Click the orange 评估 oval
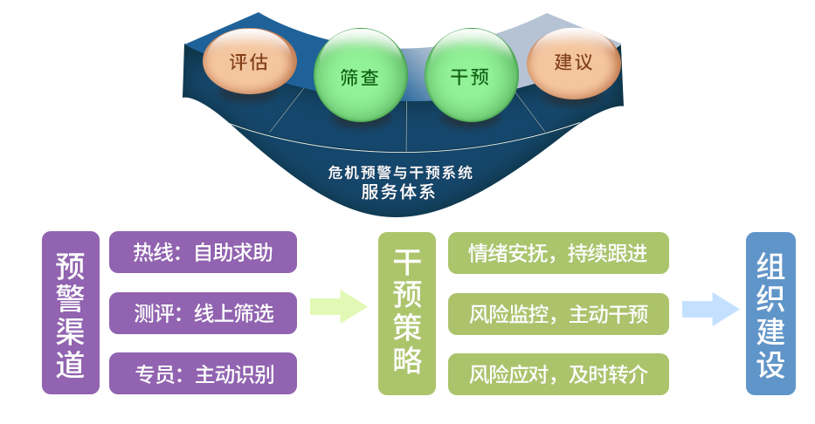[249, 62]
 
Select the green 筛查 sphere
[360, 76]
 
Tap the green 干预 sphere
[470, 76]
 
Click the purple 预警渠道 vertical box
[70, 313]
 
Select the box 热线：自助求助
[203, 252]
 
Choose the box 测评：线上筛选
[203, 313]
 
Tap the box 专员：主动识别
[203, 374]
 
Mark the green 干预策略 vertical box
[407, 313]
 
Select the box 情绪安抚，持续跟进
[558, 253]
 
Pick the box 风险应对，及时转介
[558, 375]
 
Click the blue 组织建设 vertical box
[770, 313]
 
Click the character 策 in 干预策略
[407, 329]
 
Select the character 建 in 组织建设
[770, 331]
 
